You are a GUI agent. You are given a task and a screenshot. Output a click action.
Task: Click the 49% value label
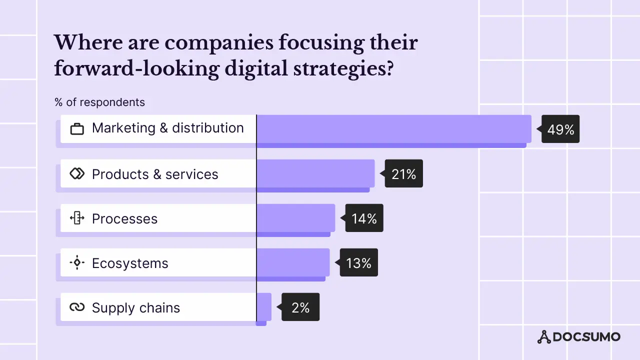click(x=560, y=129)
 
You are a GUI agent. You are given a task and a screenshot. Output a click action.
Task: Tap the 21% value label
click(x=403, y=174)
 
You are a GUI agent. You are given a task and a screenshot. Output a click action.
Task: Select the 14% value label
click(x=364, y=218)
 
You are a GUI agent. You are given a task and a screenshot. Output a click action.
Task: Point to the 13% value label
click(x=358, y=263)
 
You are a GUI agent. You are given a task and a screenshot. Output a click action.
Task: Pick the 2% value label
click(x=300, y=307)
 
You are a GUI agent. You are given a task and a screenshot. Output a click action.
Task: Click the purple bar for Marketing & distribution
click(x=393, y=129)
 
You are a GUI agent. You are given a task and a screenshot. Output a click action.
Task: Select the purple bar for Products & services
click(x=315, y=173)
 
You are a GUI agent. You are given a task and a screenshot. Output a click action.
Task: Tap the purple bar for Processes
click(x=295, y=218)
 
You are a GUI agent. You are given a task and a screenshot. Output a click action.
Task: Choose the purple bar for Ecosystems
click(x=292, y=262)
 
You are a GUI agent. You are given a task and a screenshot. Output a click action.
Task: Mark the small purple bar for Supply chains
click(x=263, y=307)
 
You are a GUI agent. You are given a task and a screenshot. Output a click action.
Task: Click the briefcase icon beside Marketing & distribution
click(x=77, y=128)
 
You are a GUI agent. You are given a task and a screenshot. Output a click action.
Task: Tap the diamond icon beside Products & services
click(x=77, y=173)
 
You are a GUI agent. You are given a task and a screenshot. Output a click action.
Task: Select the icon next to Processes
click(x=77, y=218)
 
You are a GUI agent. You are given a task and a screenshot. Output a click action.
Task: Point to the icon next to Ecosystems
click(x=77, y=262)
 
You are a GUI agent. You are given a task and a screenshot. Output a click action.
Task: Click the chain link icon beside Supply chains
click(x=77, y=307)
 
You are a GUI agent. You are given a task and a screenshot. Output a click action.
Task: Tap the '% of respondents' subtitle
click(x=99, y=102)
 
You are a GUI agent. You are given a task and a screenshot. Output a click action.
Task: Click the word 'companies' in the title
click(x=219, y=43)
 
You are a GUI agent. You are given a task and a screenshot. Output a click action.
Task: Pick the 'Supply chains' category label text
click(x=135, y=308)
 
